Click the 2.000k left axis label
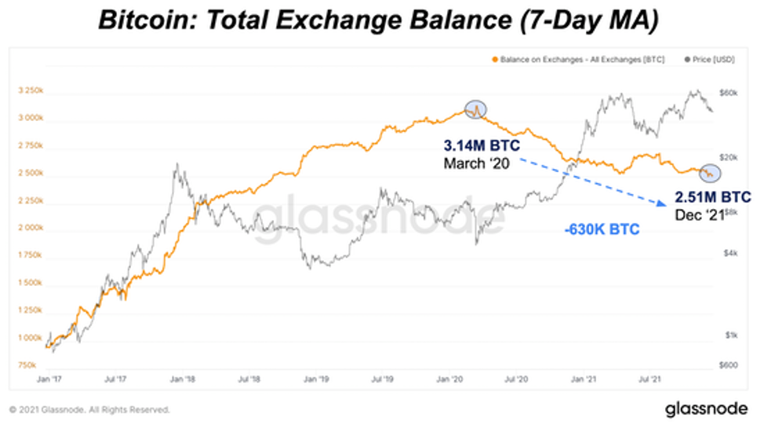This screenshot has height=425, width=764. [x=31, y=228]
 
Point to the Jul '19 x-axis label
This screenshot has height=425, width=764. [x=381, y=379]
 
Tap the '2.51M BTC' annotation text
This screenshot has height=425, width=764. [x=713, y=196]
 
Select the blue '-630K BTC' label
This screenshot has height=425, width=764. [x=602, y=230]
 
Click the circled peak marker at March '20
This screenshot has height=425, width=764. [x=476, y=110]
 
